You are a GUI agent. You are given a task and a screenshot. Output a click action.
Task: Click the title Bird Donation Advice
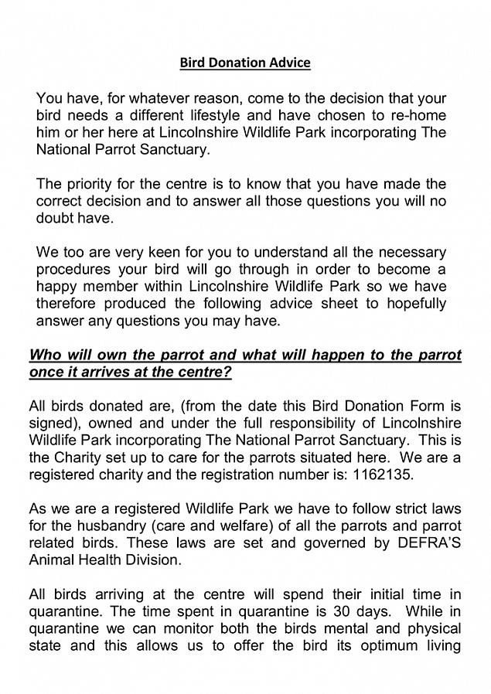pyautogui.click(x=245, y=63)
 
